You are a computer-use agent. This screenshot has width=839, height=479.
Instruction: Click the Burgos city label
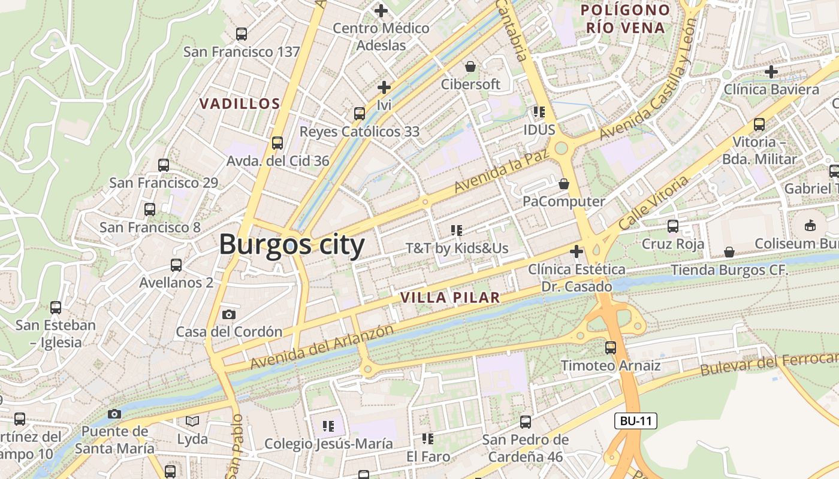pos(292,245)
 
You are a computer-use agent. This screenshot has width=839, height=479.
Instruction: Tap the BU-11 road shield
pos(636,421)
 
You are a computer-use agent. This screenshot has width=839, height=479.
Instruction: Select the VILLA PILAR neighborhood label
pos(449,298)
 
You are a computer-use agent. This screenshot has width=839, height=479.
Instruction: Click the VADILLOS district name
pos(240,104)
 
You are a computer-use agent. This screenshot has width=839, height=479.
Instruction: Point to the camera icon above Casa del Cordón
pos(228,314)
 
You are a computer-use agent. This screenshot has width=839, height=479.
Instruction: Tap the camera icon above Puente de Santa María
pos(114,414)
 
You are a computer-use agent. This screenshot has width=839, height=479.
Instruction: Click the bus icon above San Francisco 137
pos(242,34)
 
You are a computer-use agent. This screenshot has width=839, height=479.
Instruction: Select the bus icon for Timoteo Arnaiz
pos(611,348)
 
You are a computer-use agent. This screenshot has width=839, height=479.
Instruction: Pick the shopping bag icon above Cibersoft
pos(470,66)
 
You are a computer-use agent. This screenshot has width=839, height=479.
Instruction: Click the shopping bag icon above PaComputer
pos(564,183)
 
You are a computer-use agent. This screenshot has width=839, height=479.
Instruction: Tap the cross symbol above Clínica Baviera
pos(771,72)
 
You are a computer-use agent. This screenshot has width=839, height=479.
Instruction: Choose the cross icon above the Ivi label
pos(384,88)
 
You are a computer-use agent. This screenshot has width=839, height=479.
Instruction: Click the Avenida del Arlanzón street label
pos(322,347)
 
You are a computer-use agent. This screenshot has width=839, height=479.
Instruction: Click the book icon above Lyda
pos(192,422)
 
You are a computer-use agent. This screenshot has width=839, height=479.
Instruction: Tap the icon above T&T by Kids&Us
pos(457,230)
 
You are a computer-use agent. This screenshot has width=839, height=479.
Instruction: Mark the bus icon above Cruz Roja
pos(673,226)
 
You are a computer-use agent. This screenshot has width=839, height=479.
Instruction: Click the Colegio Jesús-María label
pos(328,444)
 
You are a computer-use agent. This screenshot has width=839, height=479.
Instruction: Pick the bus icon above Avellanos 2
pos(176,265)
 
